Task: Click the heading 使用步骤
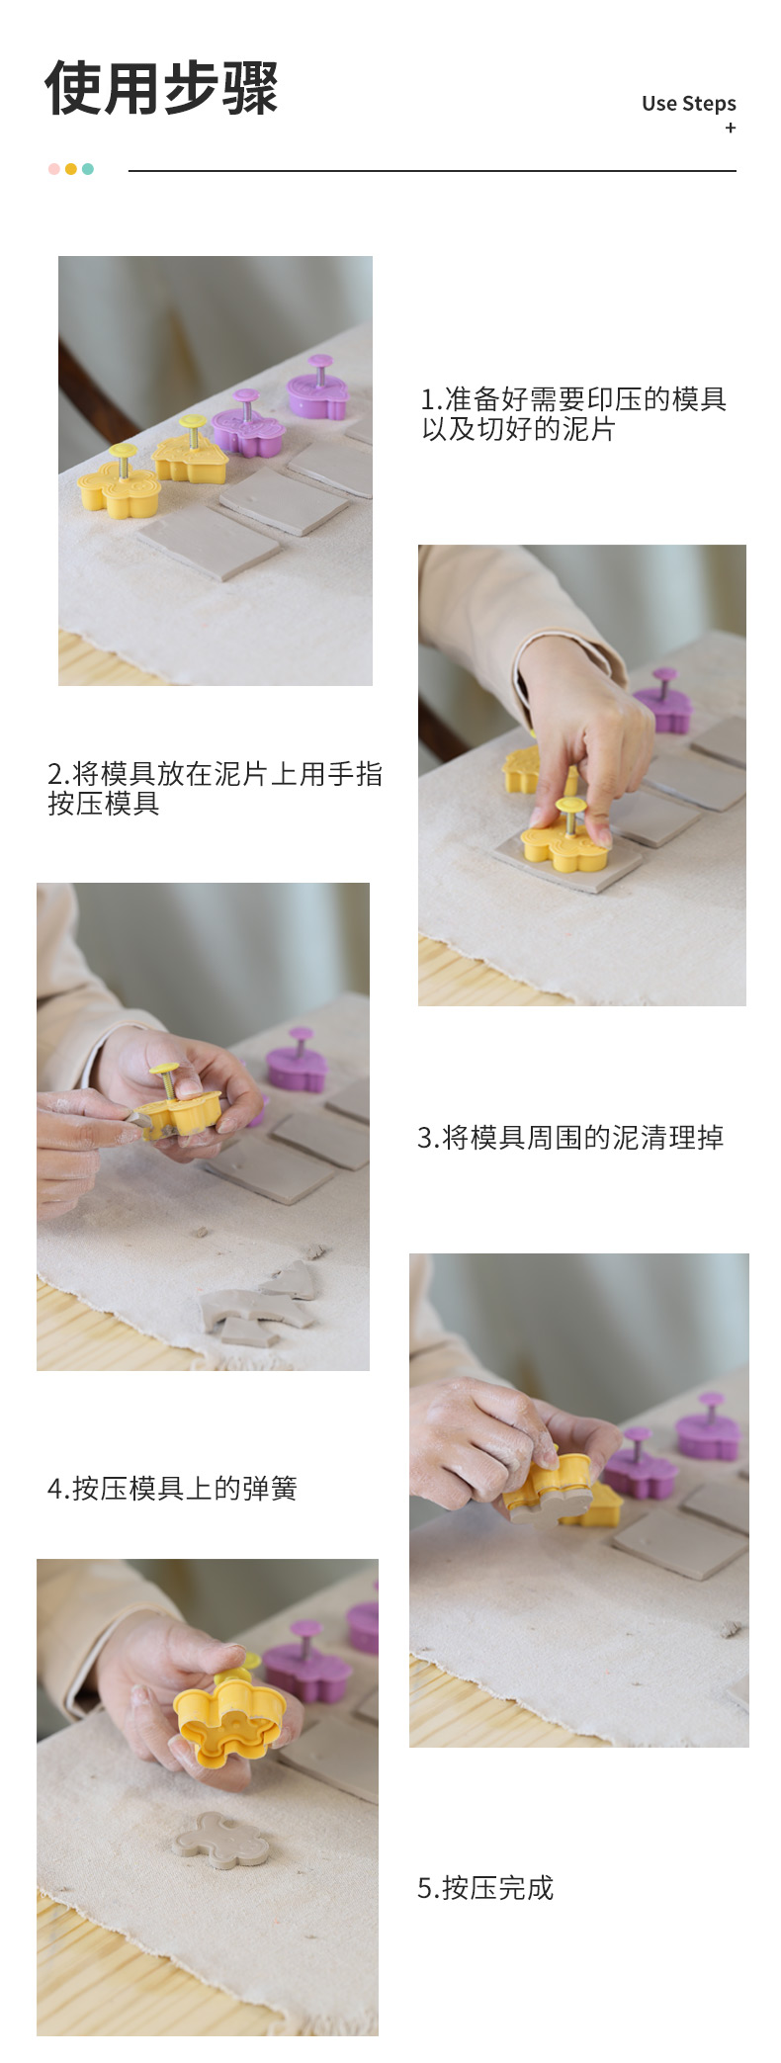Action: pyautogui.click(x=161, y=88)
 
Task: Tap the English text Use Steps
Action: pyautogui.click(x=689, y=103)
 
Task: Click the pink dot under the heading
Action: pyautogui.click(x=54, y=169)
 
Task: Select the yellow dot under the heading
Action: pyautogui.click(x=71, y=169)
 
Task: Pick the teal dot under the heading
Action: pyautogui.click(x=88, y=169)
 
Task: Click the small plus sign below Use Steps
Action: pyautogui.click(x=731, y=128)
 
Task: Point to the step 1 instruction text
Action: pyautogui.click(x=573, y=414)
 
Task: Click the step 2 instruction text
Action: pyautogui.click(x=215, y=789)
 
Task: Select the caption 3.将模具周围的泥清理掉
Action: pyautogui.click(x=570, y=1138)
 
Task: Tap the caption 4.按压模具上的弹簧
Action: pyautogui.click(x=172, y=1489)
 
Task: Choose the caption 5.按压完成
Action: pyautogui.click(x=485, y=1888)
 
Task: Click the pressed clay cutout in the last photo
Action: pyautogui.click(x=219, y=1840)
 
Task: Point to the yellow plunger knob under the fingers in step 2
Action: pyautogui.click(x=570, y=805)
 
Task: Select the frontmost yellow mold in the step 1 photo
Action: pyautogui.click(x=120, y=482)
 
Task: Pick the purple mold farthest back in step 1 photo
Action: pyautogui.click(x=317, y=387)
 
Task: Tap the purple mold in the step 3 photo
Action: pyautogui.click(x=298, y=1060)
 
